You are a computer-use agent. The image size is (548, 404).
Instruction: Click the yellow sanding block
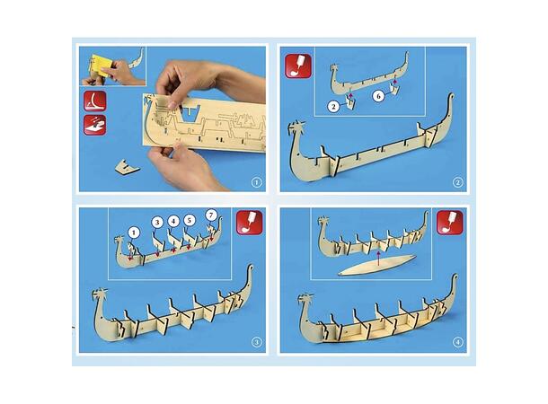tap(102, 66)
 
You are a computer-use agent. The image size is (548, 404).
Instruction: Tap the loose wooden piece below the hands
tap(127, 167)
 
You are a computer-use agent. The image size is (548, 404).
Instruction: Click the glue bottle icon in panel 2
tap(298, 66)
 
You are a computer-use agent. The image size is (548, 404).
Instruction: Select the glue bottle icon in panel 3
tap(250, 222)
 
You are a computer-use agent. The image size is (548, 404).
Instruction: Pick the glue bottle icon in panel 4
tap(450, 223)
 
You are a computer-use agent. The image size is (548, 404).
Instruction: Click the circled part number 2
tap(334, 106)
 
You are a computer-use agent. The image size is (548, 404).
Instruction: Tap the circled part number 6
tap(378, 95)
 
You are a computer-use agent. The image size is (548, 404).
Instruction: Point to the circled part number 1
tap(134, 233)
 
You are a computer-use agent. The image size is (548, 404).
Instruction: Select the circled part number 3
tap(157, 222)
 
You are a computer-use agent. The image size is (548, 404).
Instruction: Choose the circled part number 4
tap(173, 221)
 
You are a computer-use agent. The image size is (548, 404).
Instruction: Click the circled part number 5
tap(189, 220)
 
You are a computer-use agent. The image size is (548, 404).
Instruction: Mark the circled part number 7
tap(211, 215)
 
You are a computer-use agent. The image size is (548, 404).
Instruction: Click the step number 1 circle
tap(257, 182)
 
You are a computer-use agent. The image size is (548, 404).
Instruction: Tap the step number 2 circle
tap(458, 182)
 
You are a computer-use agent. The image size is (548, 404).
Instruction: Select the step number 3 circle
tap(257, 343)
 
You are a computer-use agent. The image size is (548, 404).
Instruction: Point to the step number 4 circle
tap(458, 343)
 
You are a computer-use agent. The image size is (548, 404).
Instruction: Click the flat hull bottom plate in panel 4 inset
tap(377, 266)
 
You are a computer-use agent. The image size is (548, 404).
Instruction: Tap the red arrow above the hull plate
tap(378, 258)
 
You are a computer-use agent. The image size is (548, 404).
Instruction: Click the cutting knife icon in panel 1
tap(94, 101)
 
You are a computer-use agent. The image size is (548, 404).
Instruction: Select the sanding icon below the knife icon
tap(94, 125)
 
